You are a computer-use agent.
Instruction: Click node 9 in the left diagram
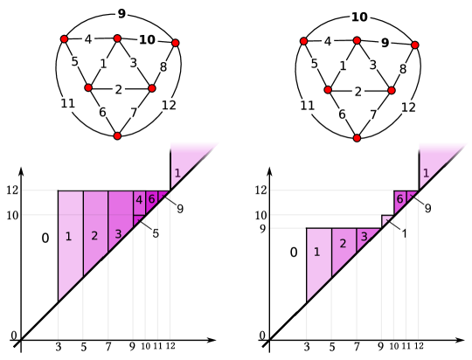pyautogui.click(x=121, y=13)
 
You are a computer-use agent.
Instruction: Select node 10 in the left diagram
pyautogui.click(x=148, y=40)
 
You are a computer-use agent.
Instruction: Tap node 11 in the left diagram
pyautogui.click(x=68, y=104)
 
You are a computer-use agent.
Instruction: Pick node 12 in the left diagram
pyautogui.click(x=170, y=106)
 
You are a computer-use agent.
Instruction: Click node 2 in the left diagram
pyautogui.click(x=119, y=89)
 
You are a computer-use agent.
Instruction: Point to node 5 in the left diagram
pyautogui.click(x=75, y=61)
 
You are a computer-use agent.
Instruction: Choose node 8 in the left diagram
pyautogui.click(x=163, y=66)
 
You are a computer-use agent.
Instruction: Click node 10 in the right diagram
pyautogui.click(x=360, y=17)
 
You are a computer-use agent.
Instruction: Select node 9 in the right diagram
pyautogui.click(x=385, y=43)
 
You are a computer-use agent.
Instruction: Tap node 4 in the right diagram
pyautogui.click(x=328, y=41)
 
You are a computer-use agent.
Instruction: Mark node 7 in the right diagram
pyautogui.click(x=374, y=114)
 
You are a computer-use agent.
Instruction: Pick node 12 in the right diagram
pyautogui.click(x=409, y=107)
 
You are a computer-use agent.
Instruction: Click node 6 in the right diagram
pyautogui.click(x=343, y=114)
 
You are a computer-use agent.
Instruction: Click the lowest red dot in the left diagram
pyautogui.click(x=117, y=135)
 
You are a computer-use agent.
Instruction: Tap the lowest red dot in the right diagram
pyautogui.click(x=357, y=138)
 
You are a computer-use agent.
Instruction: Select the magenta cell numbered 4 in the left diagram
pyautogui.click(x=139, y=200)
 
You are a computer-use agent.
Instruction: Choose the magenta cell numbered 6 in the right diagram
pyautogui.click(x=399, y=200)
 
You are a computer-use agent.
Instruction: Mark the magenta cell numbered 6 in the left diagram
pyautogui.click(x=151, y=199)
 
